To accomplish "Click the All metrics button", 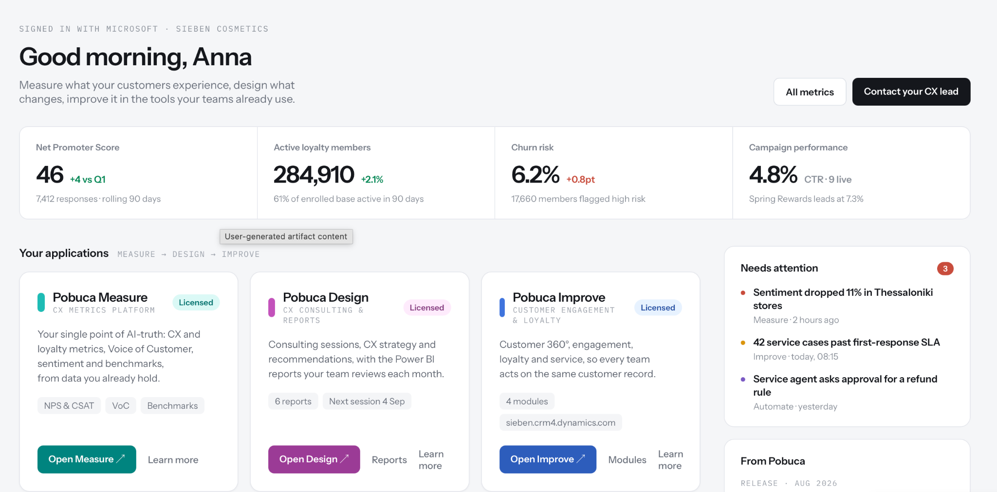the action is [x=810, y=92].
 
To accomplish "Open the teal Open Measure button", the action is [x=87, y=459].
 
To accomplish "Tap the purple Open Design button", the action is [x=314, y=459].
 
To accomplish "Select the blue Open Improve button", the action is [x=548, y=459].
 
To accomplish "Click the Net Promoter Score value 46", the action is [x=50, y=175].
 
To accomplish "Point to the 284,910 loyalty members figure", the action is [x=314, y=175].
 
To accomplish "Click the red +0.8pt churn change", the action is [x=580, y=180].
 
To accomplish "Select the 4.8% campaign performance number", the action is [x=773, y=175].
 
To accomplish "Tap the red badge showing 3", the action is [x=945, y=269].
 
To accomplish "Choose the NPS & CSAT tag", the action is [x=69, y=406].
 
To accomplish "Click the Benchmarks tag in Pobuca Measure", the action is [x=172, y=406].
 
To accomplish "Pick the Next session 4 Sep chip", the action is [x=367, y=401].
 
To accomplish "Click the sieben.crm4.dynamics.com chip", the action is [x=560, y=423].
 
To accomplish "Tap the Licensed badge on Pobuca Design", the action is [x=427, y=308].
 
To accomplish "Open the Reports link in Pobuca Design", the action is [x=389, y=460].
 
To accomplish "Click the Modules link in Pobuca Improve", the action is [x=628, y=460].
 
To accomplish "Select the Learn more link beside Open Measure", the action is [x=173, y=460].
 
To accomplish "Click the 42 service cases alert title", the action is [x=847, y=343].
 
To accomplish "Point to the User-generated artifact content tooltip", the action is [x=286, y=237].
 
